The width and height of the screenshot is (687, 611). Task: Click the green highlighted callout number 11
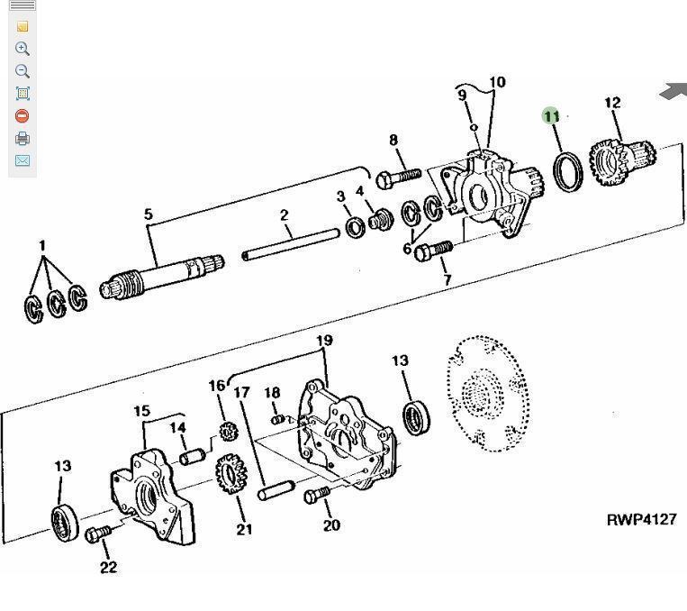tap(551, 116)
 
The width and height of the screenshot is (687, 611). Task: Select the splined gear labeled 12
tap(622, 161)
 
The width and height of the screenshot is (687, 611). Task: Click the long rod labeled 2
tap(291, 245)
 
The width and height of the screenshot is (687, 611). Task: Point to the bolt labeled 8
tap(398, 178)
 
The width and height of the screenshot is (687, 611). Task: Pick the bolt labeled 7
tap(432, 251)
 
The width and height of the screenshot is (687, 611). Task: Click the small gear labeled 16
tap(228, 431)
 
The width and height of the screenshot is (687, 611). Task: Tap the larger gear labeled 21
tap(231, 474)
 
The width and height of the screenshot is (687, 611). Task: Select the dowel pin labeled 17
tap(276, 490)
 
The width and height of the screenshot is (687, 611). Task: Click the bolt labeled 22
tap(98, 533)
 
